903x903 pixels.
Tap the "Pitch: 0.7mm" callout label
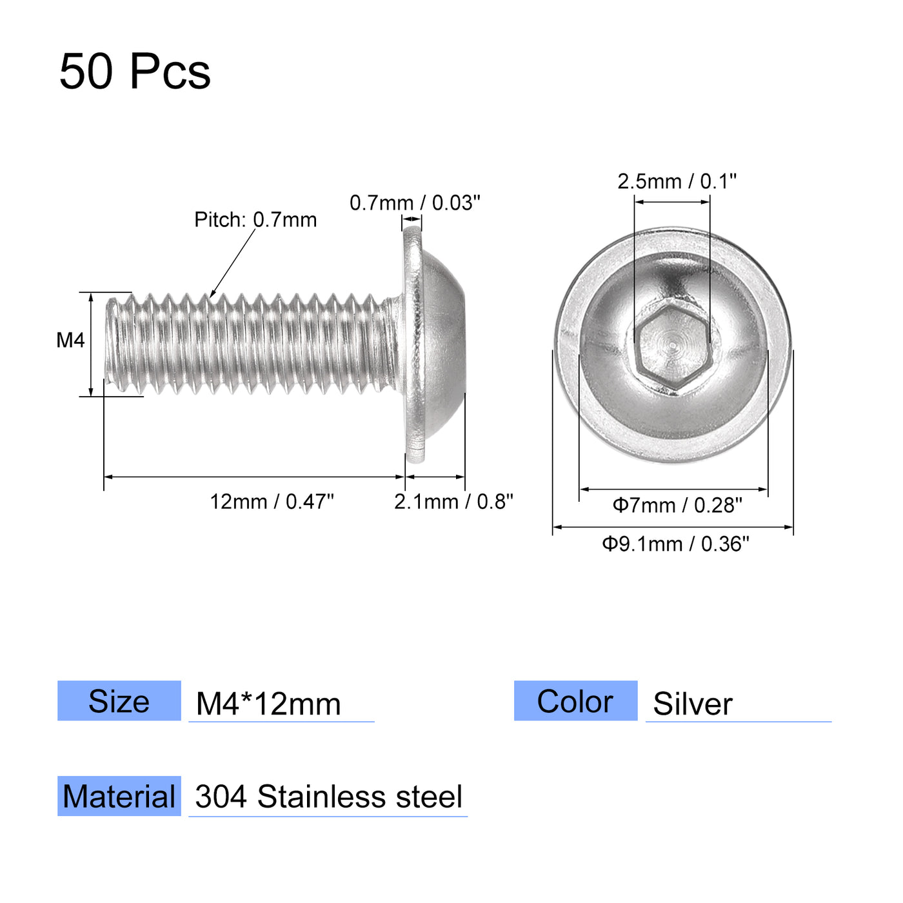pyautogui.click(x=255, y=220)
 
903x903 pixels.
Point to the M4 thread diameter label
pyautogui.click(x=70, y=340)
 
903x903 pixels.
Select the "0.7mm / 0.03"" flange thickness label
pyautogui.click(x=415, y=203)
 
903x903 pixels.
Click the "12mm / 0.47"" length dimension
pyautogui.click(x=272, y=501)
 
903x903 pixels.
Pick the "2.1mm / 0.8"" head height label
pyautogui.click(x=453, y=501)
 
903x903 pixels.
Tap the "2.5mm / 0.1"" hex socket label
pyautogui.click(x=677, y=181)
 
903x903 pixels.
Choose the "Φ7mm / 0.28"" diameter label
pyautogui.click(x=677, y=505)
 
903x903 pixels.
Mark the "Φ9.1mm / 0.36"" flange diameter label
pyautogui.click(x=675, y=544)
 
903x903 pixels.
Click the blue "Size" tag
pyautogui.click(x=119, y=700)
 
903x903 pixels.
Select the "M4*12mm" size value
pyautogui.click(x=268, y=704)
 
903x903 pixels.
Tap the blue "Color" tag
pyautogui.click(x=575, y=700)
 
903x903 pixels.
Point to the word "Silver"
pyautogui.click(x=693, y=704)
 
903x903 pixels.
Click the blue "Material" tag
pyautogui.click(x=119, y=796)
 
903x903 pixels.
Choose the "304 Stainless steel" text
pyautogui.click(x=328, y=797)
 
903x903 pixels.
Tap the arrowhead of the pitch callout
pyautogui.click(x=212, y=295)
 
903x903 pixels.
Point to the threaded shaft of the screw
pyautogui.click(x=258, y=342)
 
